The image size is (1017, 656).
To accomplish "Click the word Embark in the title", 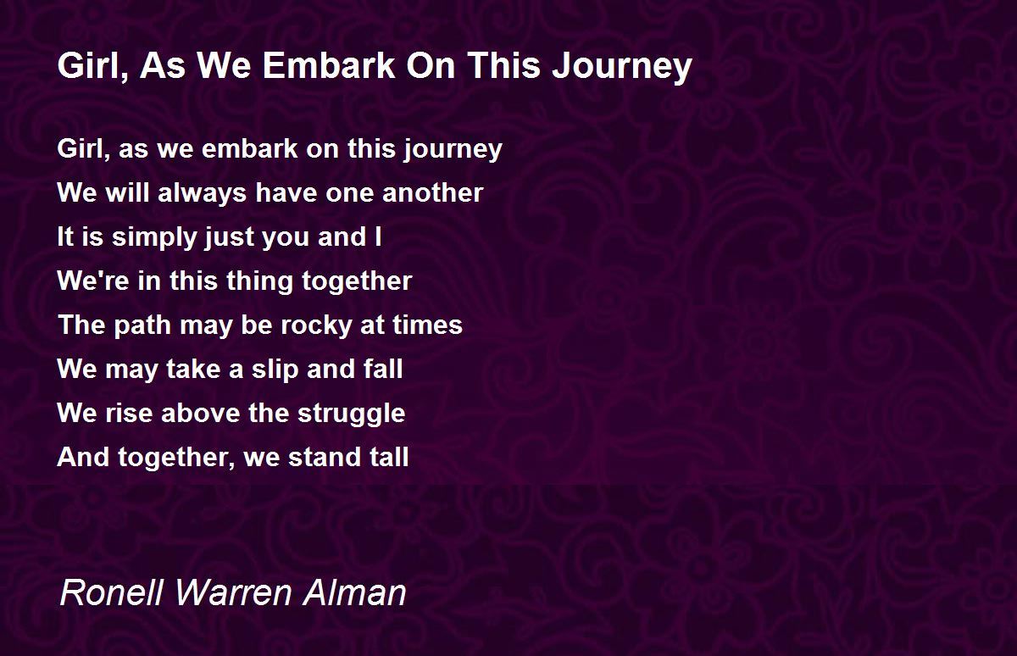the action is pyautogui.click(x=329, y=65).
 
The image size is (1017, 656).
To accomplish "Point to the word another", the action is pyautogui.click(x=433, y=192).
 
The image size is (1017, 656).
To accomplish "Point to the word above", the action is pyautogui.click(x=201, y=413).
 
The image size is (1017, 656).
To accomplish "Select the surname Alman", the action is pyautogui.click(x=354, y=592).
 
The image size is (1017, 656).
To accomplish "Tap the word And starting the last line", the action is pyautogui.click(x=83, y=457).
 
